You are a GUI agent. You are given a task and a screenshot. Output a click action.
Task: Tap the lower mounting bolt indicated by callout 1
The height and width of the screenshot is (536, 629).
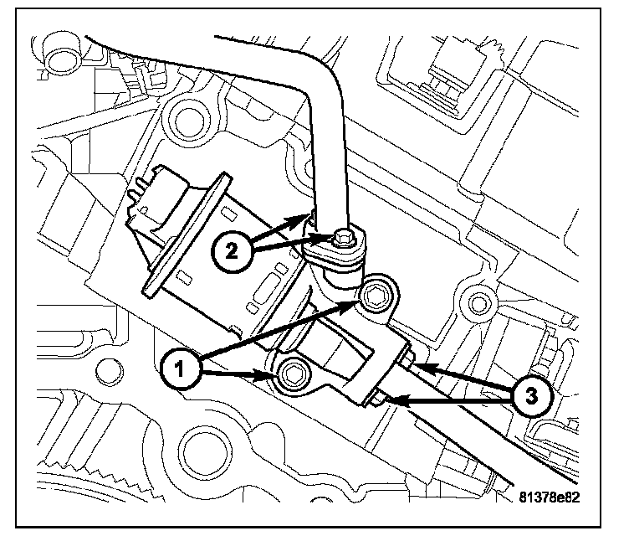pyautogui.click(x=294, y=376)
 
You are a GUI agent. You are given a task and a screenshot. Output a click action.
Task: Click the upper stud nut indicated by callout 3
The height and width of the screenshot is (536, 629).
pyautogui.click(x=410, y=360)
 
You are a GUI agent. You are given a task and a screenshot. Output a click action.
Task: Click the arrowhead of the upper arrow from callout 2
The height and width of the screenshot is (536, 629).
pyautogui.click(x=306, y=217)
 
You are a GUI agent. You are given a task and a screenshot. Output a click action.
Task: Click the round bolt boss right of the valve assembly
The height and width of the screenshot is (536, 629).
pyautogui.click(x=479, y=301)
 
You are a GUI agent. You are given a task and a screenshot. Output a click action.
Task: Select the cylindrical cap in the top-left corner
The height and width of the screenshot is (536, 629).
pyautogui.click(x=59, y=55)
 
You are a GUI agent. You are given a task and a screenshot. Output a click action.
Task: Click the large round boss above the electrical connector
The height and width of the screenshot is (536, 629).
pyautogui.click(x=188, y=120)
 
